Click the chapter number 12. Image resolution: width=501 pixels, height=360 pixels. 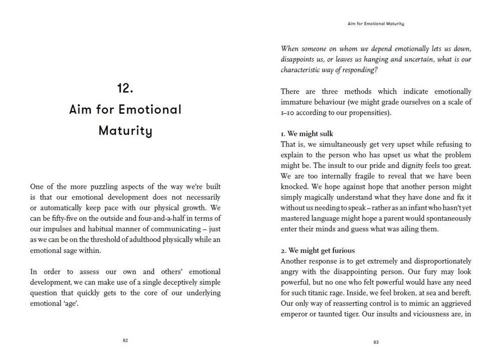125,89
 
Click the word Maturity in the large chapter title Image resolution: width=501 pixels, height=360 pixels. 125,131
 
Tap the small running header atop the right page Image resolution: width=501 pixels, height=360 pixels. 376,24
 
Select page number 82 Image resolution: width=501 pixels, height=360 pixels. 125,340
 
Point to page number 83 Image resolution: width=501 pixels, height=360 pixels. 376,342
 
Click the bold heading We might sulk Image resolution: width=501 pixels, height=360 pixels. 307,134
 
